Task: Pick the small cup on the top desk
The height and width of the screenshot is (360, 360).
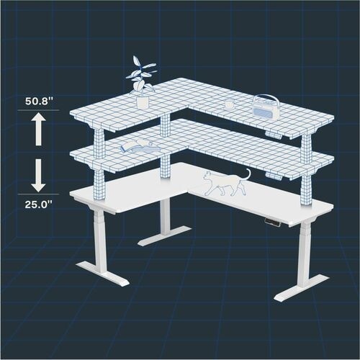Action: (229, 104)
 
